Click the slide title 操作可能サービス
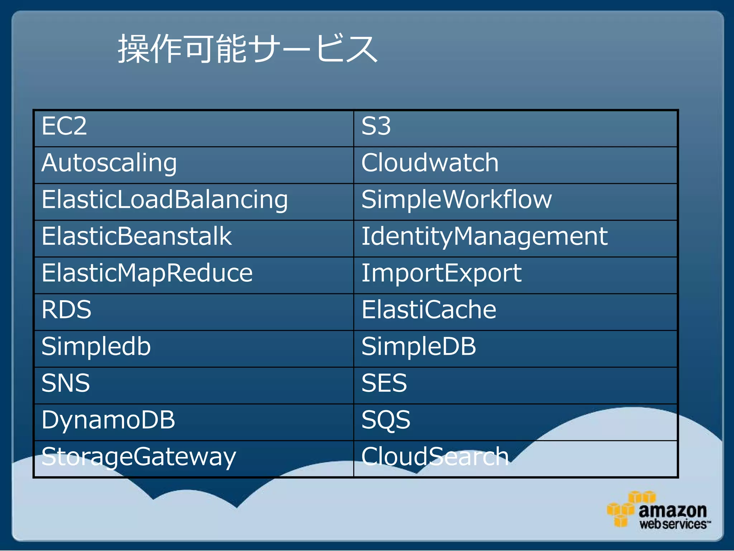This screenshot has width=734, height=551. coord(248,49)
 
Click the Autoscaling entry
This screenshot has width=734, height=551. coord(109,164)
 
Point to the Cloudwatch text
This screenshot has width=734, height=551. coord(430,163)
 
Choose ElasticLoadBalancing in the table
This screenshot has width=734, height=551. coord(165,200)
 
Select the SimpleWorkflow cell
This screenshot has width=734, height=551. coord(457,200)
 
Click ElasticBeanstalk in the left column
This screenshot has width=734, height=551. coord(137,236)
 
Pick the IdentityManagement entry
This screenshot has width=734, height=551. coord(484,237)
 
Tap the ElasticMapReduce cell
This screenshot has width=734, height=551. coord(147,273)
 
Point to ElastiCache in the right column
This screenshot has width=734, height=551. coord(429,310)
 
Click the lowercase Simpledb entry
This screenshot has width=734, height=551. coord(96,347)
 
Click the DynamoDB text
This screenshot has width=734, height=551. coord(108,420)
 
